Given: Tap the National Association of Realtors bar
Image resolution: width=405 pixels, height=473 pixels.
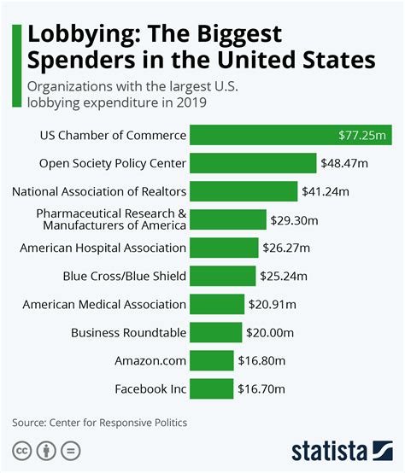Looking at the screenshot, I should [244, 191].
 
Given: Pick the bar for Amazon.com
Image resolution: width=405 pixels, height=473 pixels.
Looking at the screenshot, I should [211, 360].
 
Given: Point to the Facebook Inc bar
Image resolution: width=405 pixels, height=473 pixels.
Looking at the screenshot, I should [211, 388].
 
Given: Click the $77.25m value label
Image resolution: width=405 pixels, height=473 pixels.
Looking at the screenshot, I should [364, 135].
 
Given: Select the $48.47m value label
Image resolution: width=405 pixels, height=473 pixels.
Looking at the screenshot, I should [344, 163].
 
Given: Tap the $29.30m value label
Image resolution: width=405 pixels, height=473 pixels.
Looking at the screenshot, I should [296, 220].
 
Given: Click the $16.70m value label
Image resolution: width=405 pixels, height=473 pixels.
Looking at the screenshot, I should [261, 388].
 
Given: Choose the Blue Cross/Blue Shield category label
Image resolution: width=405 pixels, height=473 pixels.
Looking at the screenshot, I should [125, 276].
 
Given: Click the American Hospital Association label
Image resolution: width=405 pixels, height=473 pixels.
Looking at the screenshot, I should [103, 248].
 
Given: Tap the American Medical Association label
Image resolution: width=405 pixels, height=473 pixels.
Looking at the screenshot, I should [104, 304].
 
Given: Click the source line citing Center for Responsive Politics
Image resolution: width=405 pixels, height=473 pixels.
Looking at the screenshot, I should [99, 422].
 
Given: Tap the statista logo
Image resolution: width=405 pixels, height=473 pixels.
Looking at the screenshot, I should [339, 450].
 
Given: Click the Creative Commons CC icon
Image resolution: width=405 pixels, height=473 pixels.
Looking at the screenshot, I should [21, 450].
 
